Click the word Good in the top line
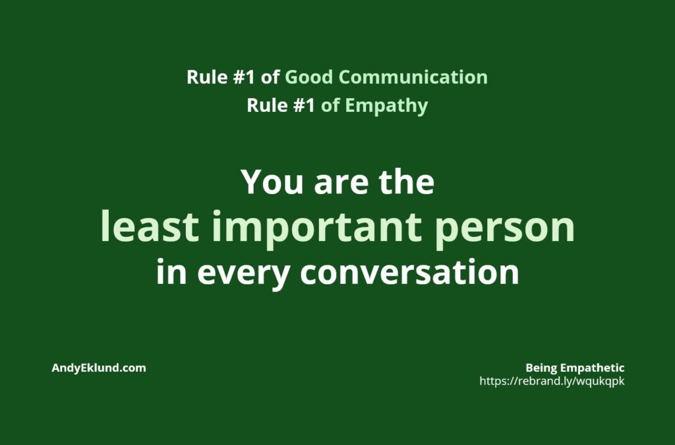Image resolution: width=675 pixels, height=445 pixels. (x=308, y=78)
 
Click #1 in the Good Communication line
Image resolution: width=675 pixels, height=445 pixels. (x=244, y=78)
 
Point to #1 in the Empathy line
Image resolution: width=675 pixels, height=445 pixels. (x=304, y=106)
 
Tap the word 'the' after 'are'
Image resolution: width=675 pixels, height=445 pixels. (x=406, y=181)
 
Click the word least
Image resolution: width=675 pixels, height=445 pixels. (x=150, y=226)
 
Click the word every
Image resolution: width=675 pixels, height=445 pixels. (x=243, y=274)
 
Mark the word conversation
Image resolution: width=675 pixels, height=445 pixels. (x=409, y=272)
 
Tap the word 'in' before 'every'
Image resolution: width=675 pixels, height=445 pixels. (x=171, y=271)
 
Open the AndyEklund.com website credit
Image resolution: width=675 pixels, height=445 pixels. (x=99, y=368)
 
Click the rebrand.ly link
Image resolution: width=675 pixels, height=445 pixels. (x=552, y=381)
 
